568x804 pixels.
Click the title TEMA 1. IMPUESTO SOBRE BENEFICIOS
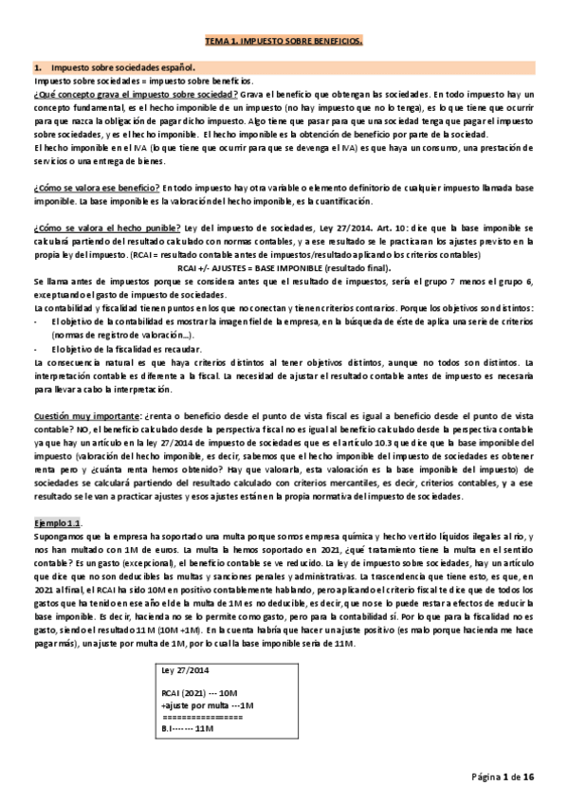pos(284,42)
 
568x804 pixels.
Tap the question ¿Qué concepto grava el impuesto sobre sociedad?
pos(136,97)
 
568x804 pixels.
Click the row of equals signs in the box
pos(204,719)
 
